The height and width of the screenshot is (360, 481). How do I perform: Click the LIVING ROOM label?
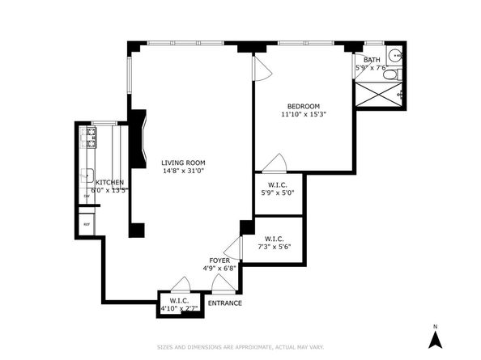click(x=182, y=162)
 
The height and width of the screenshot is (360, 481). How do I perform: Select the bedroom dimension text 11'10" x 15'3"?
click(x=304, y=115)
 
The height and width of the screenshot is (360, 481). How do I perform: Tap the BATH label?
click(x=371, y=60)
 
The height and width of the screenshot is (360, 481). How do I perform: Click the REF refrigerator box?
click(x=86, y=224)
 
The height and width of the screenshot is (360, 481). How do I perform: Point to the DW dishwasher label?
click(x=86, y=197)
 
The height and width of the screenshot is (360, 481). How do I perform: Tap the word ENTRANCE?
click(x=224, y=303)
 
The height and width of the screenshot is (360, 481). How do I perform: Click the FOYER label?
click(x=219, y=260)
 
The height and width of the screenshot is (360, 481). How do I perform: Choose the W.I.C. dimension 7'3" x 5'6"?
click(x=273, y=247)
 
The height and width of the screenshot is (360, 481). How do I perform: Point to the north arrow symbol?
click(x=435, y=338)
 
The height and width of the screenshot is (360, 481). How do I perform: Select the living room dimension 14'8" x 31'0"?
click(x=182, y=171)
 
